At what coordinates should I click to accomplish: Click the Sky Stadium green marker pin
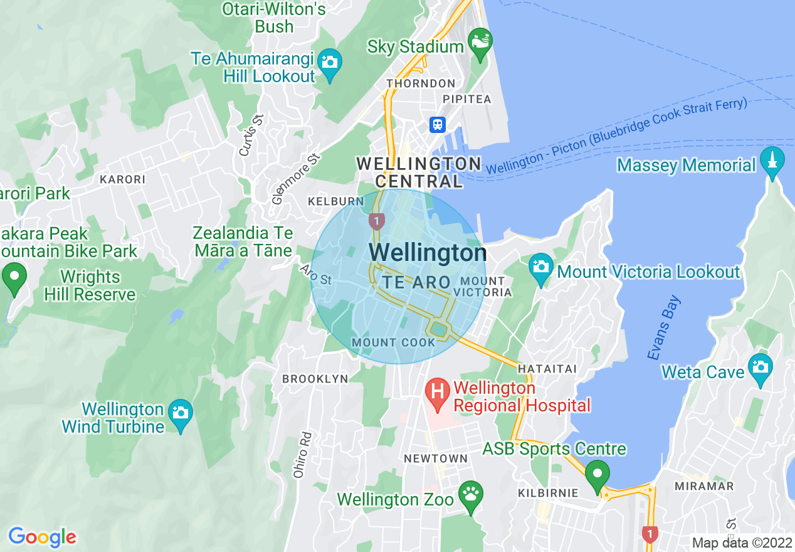pyautogui.click(x=480, y=43)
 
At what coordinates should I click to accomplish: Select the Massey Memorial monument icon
pyautogui.click(x=772, y=162)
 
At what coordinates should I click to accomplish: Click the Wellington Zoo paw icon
pyautogui.click(x=470, y=496)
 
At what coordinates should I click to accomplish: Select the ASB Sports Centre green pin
pyautogui.click(x=597, y=474)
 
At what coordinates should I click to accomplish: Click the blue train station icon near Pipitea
pyautogui.click(x=437, y=124)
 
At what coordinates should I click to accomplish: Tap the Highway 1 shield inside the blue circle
pyautogui.click(x=376, y=221)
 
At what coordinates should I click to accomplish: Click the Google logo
pyautogui.click(x=42, y=537)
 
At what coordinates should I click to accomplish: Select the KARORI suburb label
pyautogui.click(x=122, y=179)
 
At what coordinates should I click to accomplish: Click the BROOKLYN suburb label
pyautogui.click(x=315, y=379)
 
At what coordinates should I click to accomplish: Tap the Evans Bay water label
pyautogui.click(x=664, y=327)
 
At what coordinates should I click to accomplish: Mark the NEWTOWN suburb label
pyautogui.click(x=436, y=459)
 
